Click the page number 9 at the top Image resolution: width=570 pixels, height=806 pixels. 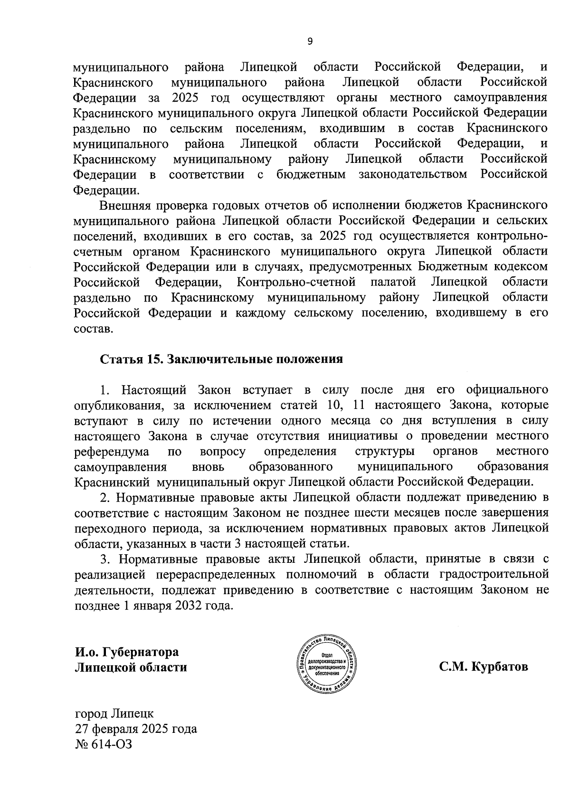pos(310,42)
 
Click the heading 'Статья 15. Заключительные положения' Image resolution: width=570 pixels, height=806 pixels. pos(221,359)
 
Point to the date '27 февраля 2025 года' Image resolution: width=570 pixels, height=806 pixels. pos(135,729)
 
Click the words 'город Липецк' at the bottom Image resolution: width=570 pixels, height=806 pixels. pos(114,713)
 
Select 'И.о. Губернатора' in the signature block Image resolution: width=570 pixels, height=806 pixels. pos(127,652)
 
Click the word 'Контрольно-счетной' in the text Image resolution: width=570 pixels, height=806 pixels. pos(296,282)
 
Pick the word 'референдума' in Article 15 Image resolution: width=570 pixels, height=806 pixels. pos(112,451)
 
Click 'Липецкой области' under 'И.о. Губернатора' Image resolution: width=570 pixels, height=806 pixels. pos(131,667)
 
